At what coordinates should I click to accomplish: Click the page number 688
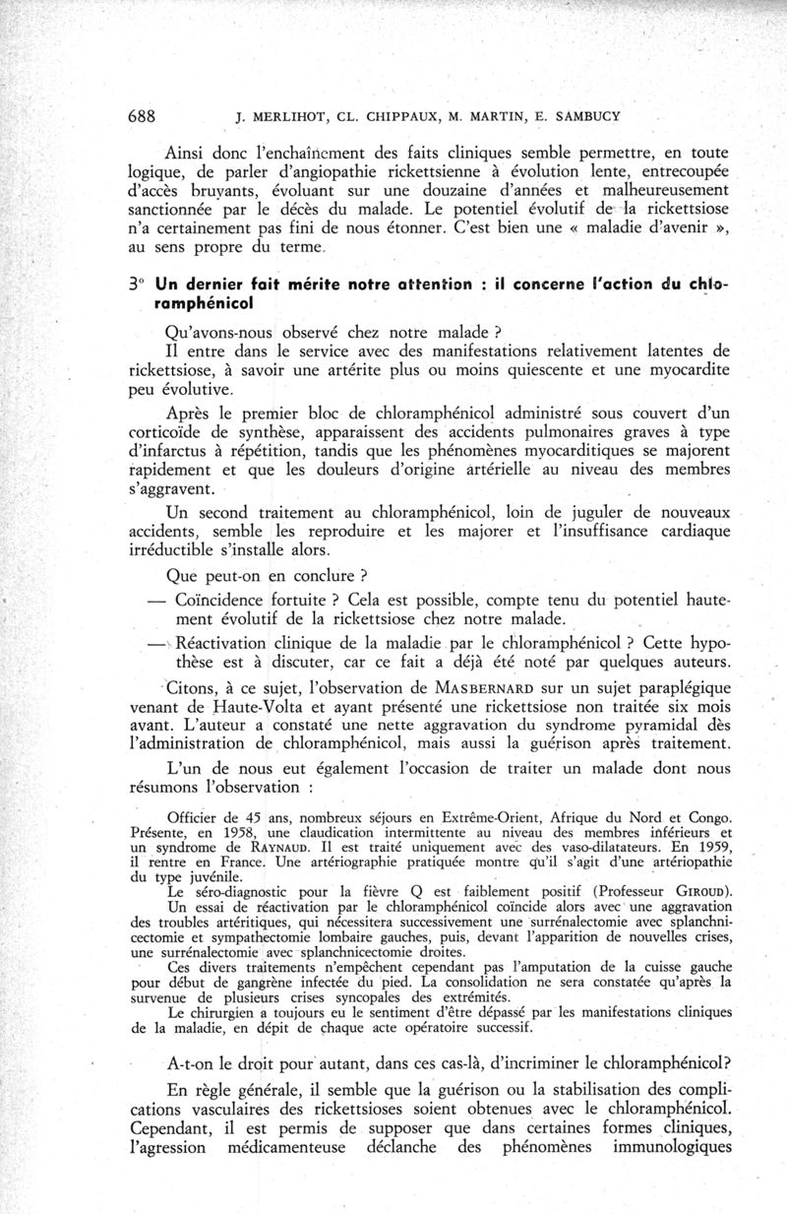[x=146, y=114]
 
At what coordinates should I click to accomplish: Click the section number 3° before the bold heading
[x=137, y=283]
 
